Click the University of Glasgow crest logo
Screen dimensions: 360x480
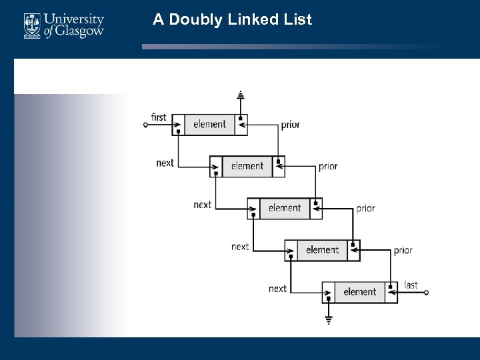pos(32,25)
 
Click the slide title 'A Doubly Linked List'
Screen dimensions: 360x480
pos(232,19)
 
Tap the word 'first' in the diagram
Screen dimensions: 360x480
pos(159,117)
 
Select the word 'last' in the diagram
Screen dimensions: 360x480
pos(411,285)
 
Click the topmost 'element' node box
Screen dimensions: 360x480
pos(210,124)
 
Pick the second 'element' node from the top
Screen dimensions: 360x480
pos(247,166)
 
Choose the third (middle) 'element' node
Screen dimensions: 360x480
pos(285,208)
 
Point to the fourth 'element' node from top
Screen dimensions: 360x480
pos(323,250)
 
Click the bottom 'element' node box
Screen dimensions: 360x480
pos(360,292)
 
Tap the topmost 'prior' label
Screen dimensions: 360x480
pos(290,125)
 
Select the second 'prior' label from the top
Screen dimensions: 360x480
pos(328,167)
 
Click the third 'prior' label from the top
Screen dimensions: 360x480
pos(365,209)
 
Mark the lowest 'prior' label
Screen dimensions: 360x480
pos(403,251)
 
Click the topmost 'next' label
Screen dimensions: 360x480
pos(165,163)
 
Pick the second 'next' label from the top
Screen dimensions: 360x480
pos(202,205)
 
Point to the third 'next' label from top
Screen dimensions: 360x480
pos(240,247)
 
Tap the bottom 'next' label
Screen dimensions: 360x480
pos(277,289)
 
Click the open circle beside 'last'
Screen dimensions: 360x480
pos(427,292)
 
